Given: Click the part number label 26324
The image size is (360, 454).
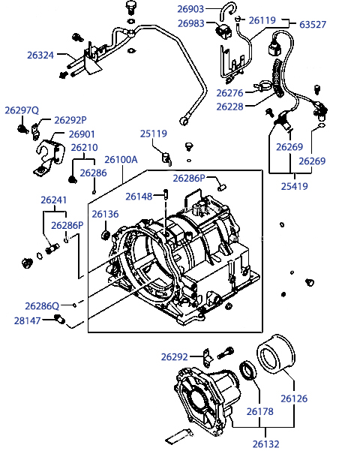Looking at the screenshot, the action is pos(40,55).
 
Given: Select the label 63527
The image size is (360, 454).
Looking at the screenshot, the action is pos(313,25).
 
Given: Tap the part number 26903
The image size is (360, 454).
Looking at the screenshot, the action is pos(190,9).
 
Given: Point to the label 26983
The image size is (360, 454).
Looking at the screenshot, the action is pos(190,23).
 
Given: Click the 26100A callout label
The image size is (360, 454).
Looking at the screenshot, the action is pos(121,160).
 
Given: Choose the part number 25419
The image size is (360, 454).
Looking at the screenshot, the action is pos(294,186).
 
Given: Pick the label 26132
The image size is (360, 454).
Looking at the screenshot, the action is pos(266,443).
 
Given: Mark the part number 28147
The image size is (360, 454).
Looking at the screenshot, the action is pos(28,320).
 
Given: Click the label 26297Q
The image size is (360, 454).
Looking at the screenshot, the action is pos(22,110).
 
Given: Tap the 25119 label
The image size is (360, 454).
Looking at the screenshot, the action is pos(154,134).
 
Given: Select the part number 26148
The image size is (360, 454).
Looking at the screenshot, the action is pos(139,197).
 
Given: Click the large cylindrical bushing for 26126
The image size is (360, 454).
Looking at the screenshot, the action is pos(276,353).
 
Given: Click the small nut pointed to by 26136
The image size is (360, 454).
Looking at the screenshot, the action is pos(105,235).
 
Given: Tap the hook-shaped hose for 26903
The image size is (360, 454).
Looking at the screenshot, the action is pos(228,11).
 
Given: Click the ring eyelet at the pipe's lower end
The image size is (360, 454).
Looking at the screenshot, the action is pos(184,121).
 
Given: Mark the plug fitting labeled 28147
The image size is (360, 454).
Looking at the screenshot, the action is pos(60,320).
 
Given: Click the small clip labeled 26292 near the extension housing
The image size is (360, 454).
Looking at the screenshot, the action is pos(208,356).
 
